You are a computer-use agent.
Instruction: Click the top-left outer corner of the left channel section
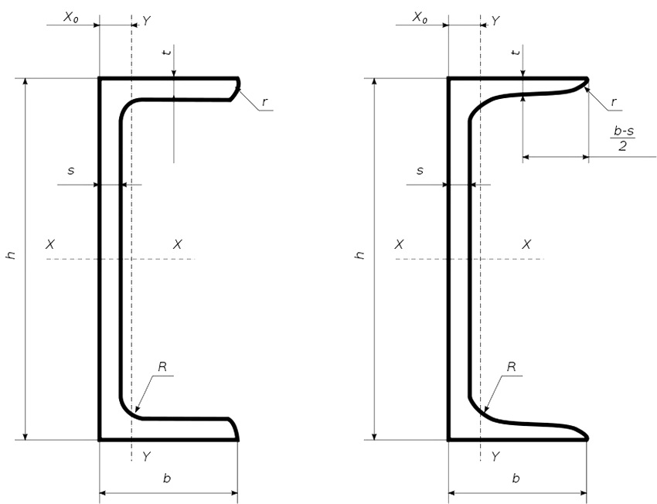point(100,78)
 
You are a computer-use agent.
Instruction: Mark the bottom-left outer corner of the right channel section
point(449,440)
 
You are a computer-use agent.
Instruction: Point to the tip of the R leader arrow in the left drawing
point(134,412)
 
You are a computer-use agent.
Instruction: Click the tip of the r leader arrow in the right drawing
point(584,87)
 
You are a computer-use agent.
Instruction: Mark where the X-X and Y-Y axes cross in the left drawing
point(131,259)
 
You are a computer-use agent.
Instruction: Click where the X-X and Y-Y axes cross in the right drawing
point(480,259)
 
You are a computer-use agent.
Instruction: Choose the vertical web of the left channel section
point(110,259)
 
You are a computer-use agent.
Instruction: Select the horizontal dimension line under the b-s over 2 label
point(556,157)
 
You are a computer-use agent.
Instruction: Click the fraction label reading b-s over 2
point(623,138)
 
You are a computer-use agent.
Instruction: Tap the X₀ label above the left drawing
point(71,17)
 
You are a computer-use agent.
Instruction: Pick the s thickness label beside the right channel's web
point(420,170)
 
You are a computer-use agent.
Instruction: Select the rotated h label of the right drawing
point(359,254)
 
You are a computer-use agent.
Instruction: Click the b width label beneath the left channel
point(167,478)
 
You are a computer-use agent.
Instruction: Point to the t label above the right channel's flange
point(516,52)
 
